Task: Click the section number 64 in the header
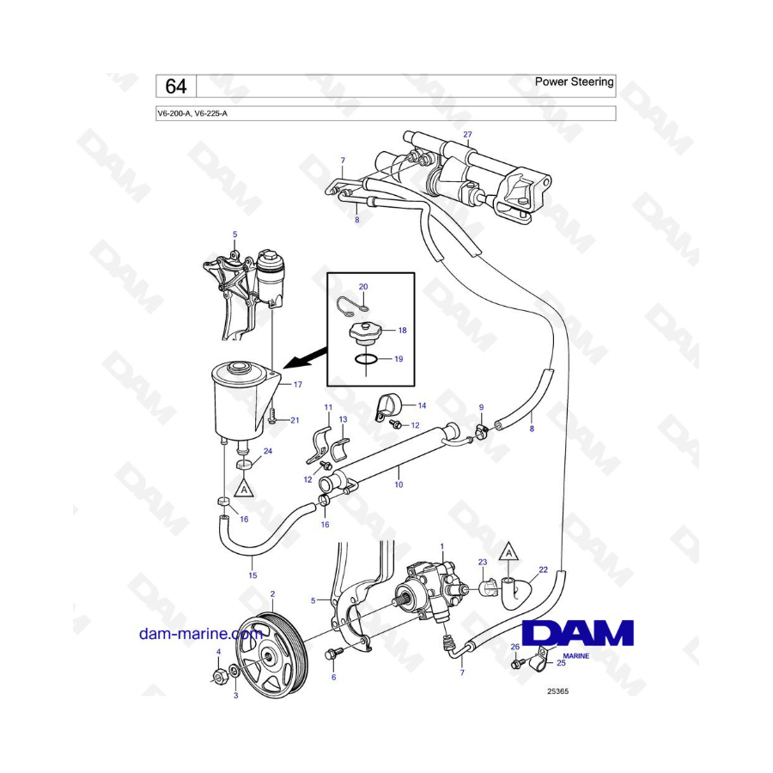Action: pos(175,86)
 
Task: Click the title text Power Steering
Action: pos(574,82)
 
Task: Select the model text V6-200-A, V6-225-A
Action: pos(192,113)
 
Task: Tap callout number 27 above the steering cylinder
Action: pos(467,135)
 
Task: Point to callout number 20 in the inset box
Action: pos(362,286)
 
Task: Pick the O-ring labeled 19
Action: pos(364,360)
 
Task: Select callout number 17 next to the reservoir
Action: pos(297,385)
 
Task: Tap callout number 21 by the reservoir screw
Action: pos(294,420)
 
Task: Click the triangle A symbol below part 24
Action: pos(245,489)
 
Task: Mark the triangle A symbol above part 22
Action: pos(508,553)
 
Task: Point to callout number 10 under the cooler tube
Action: pos(399,484)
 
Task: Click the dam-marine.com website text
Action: pos(200,634)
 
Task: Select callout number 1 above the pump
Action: pos(441,546)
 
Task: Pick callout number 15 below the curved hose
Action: pos(253,575)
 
